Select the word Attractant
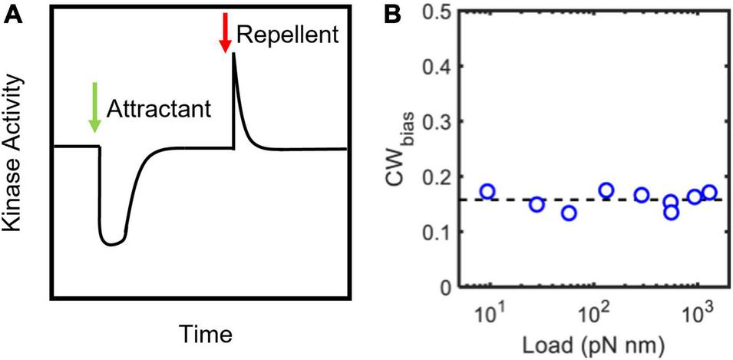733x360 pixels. tap(157, 108)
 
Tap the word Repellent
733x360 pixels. tap(287, 34)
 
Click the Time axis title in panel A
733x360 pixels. tap(205, 335)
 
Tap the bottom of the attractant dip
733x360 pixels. tap(113, 243)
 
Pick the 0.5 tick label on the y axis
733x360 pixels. tap(441, 11)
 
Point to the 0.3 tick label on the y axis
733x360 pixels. tap(441, 121)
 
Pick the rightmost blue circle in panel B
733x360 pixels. tap(709, 193)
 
